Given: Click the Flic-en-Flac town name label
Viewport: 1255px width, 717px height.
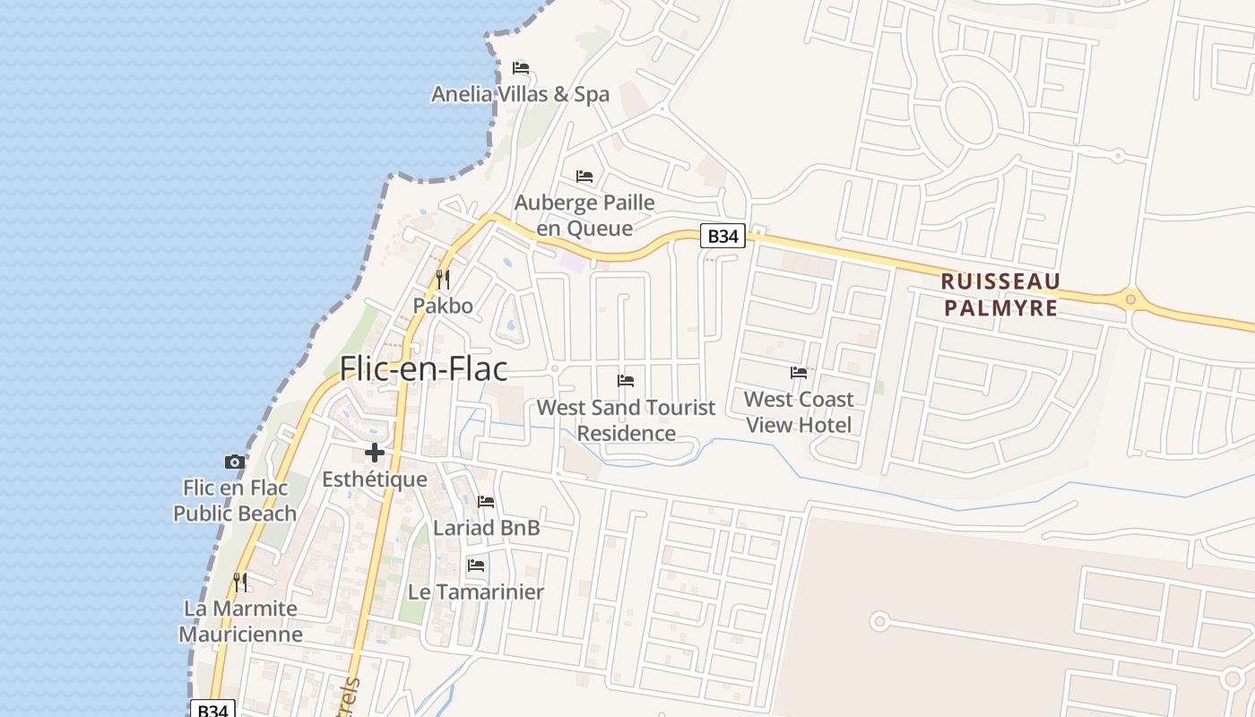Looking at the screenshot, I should pos(423,368).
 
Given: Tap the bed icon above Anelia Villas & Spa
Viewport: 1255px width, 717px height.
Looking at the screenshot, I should pos(521,68).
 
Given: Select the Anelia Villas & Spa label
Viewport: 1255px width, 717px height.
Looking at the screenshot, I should pos(520,94).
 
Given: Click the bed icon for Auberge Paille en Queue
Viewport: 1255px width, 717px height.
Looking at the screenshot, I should pos(584,177).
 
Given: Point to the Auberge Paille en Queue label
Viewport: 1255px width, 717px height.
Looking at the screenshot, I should pos(584,215).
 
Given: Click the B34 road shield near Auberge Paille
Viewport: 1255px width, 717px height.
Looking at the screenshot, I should pos(723,237).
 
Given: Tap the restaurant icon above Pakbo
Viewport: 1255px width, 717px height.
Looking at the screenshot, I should pos(442,280).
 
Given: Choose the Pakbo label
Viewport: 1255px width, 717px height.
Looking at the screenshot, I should pos(443,306).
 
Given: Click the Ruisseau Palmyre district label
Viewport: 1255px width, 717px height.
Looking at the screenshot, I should pos(1000,295).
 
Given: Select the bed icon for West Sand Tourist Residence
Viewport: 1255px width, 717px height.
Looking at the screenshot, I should pos(626,381).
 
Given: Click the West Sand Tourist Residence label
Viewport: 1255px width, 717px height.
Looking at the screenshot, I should pos(626,420).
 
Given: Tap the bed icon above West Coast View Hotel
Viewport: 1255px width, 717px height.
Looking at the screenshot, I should pos(799,373).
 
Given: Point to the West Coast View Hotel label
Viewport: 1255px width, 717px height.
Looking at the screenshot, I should pos(799,411).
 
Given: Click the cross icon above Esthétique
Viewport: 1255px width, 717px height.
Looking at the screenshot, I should pos(375,453).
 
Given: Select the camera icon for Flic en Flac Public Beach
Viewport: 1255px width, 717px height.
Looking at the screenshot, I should pos(235,462).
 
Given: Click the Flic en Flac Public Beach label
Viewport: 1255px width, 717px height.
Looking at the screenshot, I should pos(235,501).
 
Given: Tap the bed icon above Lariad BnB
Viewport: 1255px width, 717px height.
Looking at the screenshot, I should pos(486,502).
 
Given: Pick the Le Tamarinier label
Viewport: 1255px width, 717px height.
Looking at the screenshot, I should pos(476,592).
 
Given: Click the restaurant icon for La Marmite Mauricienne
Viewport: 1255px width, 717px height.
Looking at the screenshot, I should pos(240,583).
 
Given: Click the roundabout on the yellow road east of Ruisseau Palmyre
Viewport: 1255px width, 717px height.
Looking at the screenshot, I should pos(1131,299).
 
